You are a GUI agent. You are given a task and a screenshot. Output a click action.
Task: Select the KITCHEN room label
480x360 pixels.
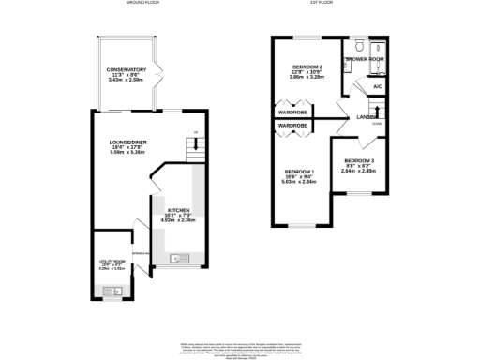coord(179,210)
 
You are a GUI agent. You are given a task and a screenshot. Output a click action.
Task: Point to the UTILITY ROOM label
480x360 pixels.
coord(112,262)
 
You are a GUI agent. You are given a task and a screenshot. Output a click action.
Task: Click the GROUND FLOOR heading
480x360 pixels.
coord(142,4)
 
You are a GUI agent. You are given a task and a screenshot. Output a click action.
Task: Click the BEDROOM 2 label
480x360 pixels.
coord(307,67)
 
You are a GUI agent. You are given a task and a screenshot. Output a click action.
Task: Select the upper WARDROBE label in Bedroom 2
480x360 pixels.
coord(293,112)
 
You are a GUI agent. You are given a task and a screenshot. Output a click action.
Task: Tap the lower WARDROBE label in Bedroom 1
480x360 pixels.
coord(293,125)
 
